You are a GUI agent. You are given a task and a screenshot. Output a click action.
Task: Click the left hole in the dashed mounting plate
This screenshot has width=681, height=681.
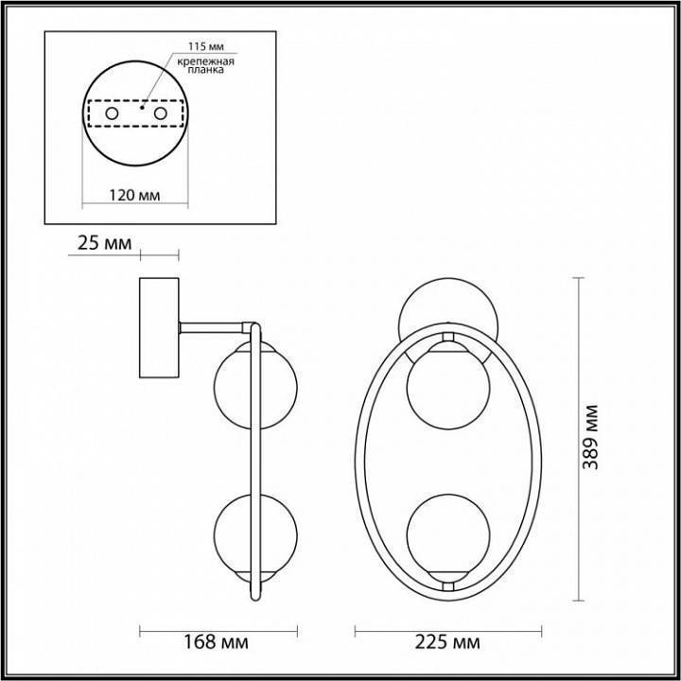(112, 113)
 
